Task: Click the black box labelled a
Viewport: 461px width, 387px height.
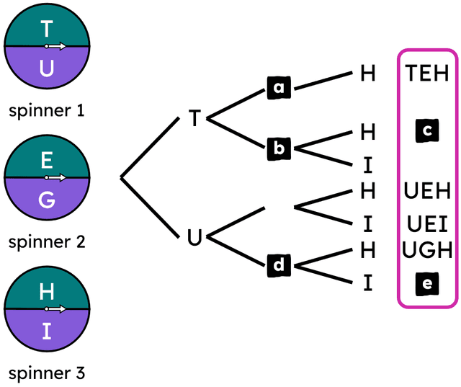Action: coord(277,89)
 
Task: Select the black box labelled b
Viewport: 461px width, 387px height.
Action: coord(277,148)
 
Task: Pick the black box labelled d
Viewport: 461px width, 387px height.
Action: coord(277,265)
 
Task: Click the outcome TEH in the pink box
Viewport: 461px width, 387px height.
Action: coord(427,73)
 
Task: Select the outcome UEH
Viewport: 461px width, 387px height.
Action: coord(427,192)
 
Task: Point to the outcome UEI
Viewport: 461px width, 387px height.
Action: coord(427,222)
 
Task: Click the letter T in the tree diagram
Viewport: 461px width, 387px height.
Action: coord(194,118)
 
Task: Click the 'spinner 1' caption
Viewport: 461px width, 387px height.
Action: coord(47,112)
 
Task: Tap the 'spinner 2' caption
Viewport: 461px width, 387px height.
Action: coord(47,242)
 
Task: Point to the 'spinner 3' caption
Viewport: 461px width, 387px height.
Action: coord(47,373)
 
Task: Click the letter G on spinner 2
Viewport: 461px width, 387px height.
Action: coord(47,200)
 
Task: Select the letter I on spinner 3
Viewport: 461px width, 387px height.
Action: coord(47,332)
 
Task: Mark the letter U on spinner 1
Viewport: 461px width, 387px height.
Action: coord(47,69)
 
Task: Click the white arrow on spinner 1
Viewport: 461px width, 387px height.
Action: coord(56,47)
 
